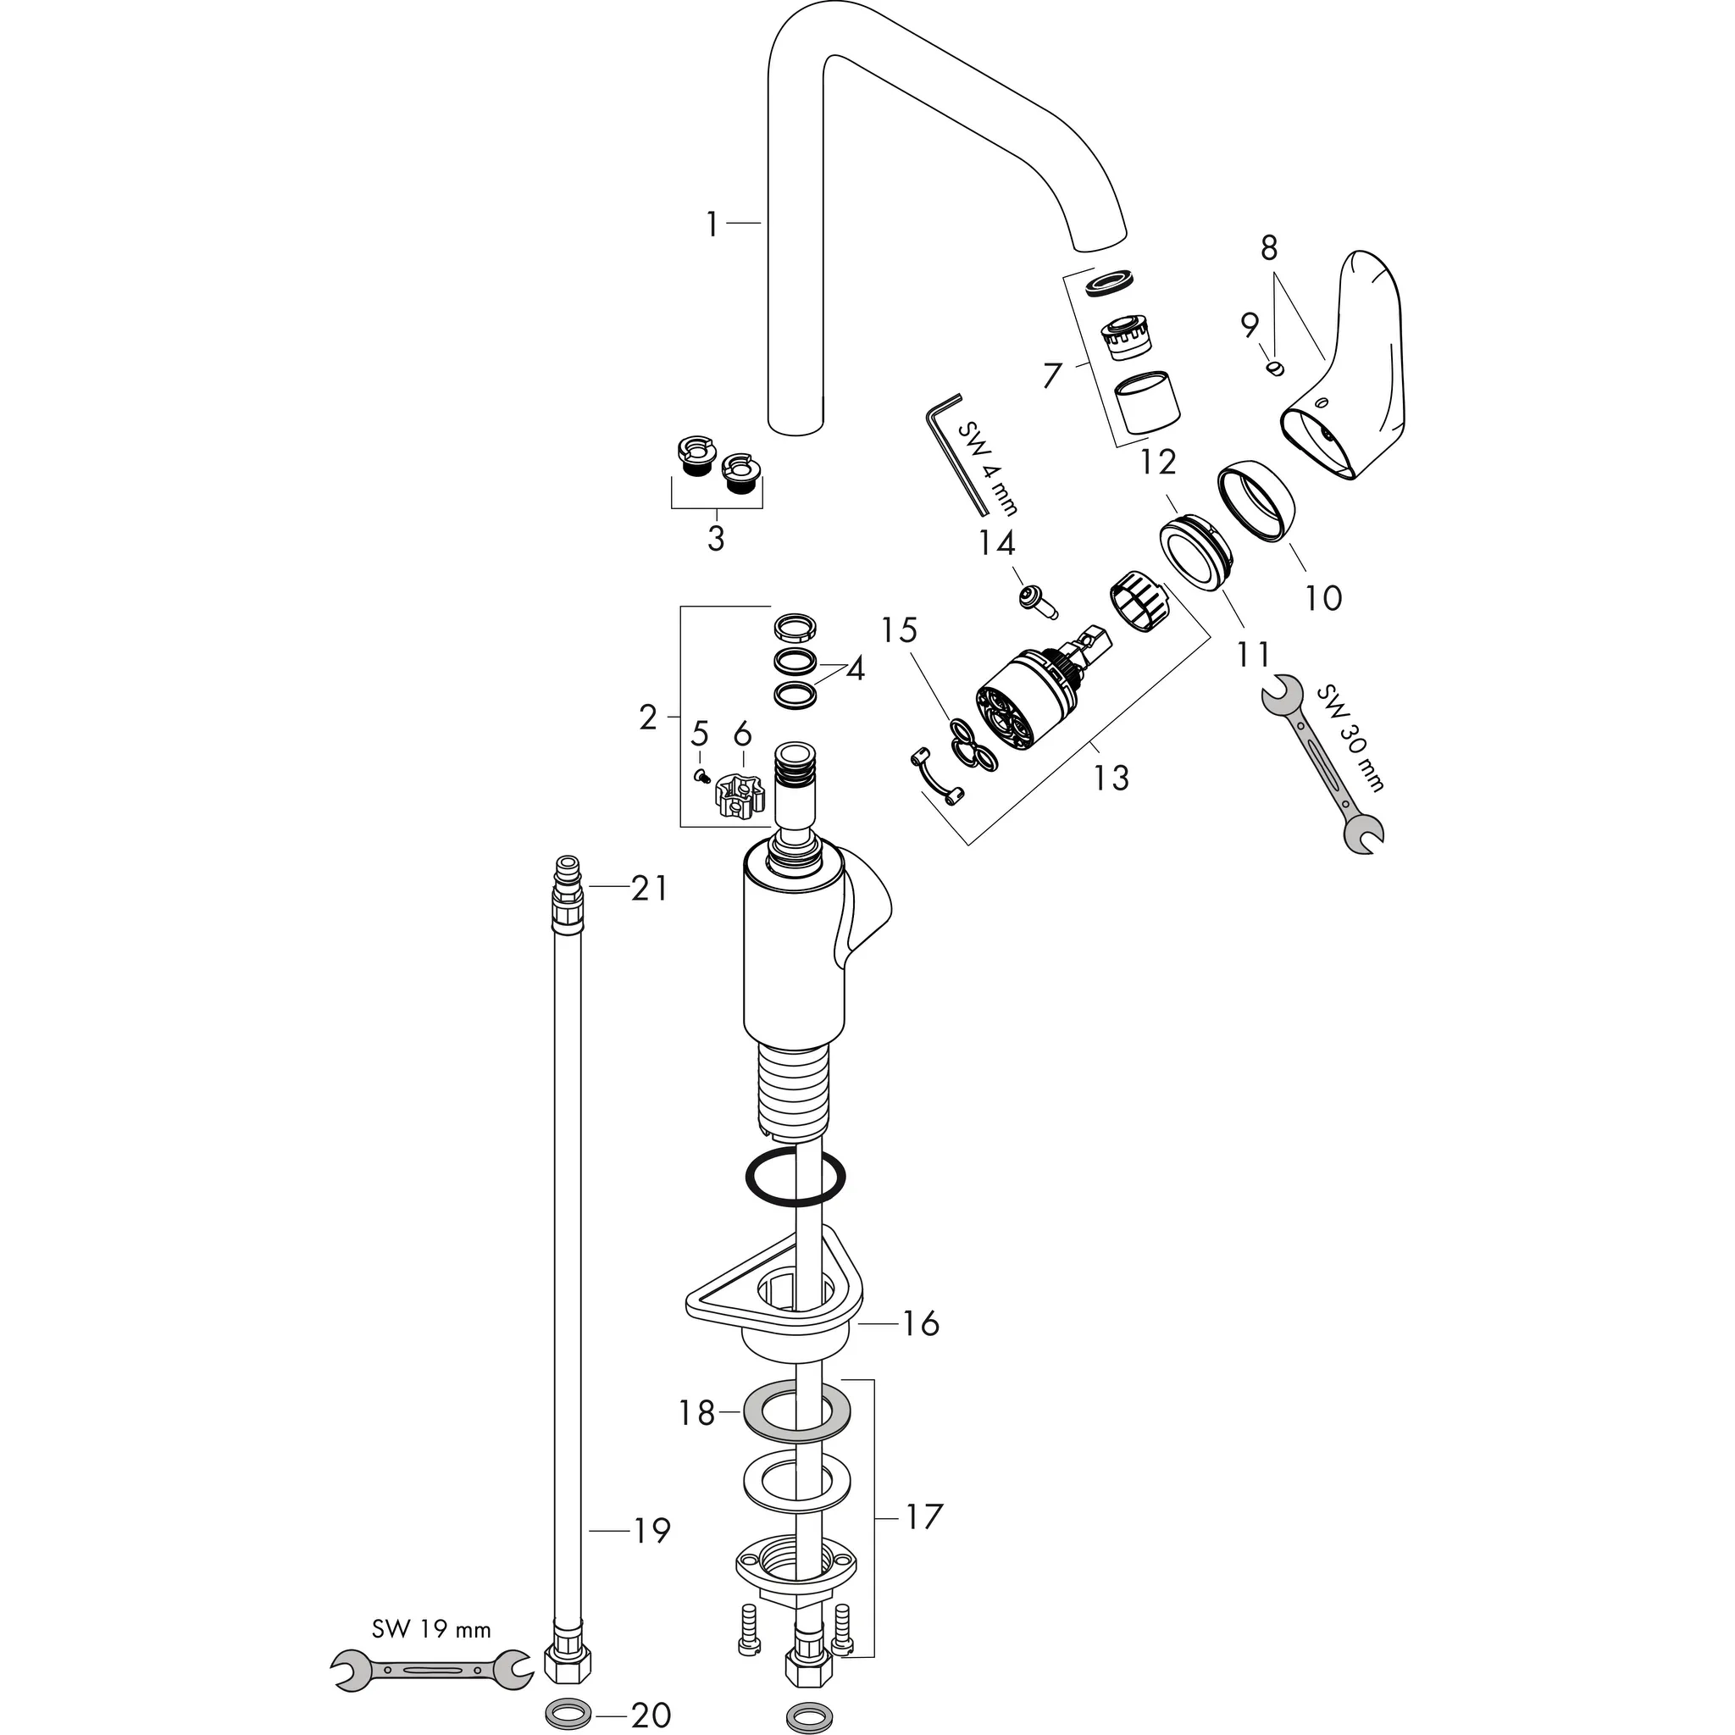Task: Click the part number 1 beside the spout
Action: pyautogui.click(x=712, y=224)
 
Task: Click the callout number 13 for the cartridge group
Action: pyautogui.click(x=1111, y=777)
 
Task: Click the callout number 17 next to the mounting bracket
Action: pyautogui.click(x=922, y=1516)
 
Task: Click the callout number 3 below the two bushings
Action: pyautogui.click(x=716, y=539)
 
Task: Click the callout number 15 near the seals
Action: pyautogui.click(x=898, y=630)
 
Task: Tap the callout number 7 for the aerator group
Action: pyautogui.click(x=1051, y=374)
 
